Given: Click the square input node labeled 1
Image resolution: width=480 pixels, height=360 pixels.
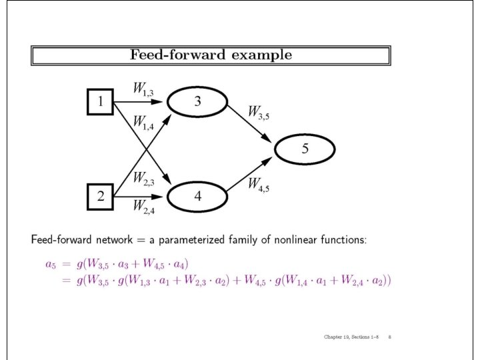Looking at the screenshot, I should coord(100,102).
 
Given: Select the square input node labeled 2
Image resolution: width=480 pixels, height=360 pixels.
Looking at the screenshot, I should coord(100,197).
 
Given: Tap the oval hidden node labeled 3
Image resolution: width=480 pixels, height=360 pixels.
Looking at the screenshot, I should coord(197,101).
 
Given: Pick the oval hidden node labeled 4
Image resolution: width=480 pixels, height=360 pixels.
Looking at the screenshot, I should coord(197,197).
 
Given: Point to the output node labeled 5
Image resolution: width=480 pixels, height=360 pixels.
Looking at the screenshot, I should coord(305,149).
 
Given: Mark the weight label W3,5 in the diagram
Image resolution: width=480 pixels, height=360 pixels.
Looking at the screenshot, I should coord(259,112).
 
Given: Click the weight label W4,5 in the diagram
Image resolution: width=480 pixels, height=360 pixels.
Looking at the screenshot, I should coord(259,185).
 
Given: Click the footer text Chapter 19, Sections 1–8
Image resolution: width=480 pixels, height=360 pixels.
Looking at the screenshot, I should coord(351,337).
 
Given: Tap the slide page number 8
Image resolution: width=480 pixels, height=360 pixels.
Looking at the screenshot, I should coord(389,337).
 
